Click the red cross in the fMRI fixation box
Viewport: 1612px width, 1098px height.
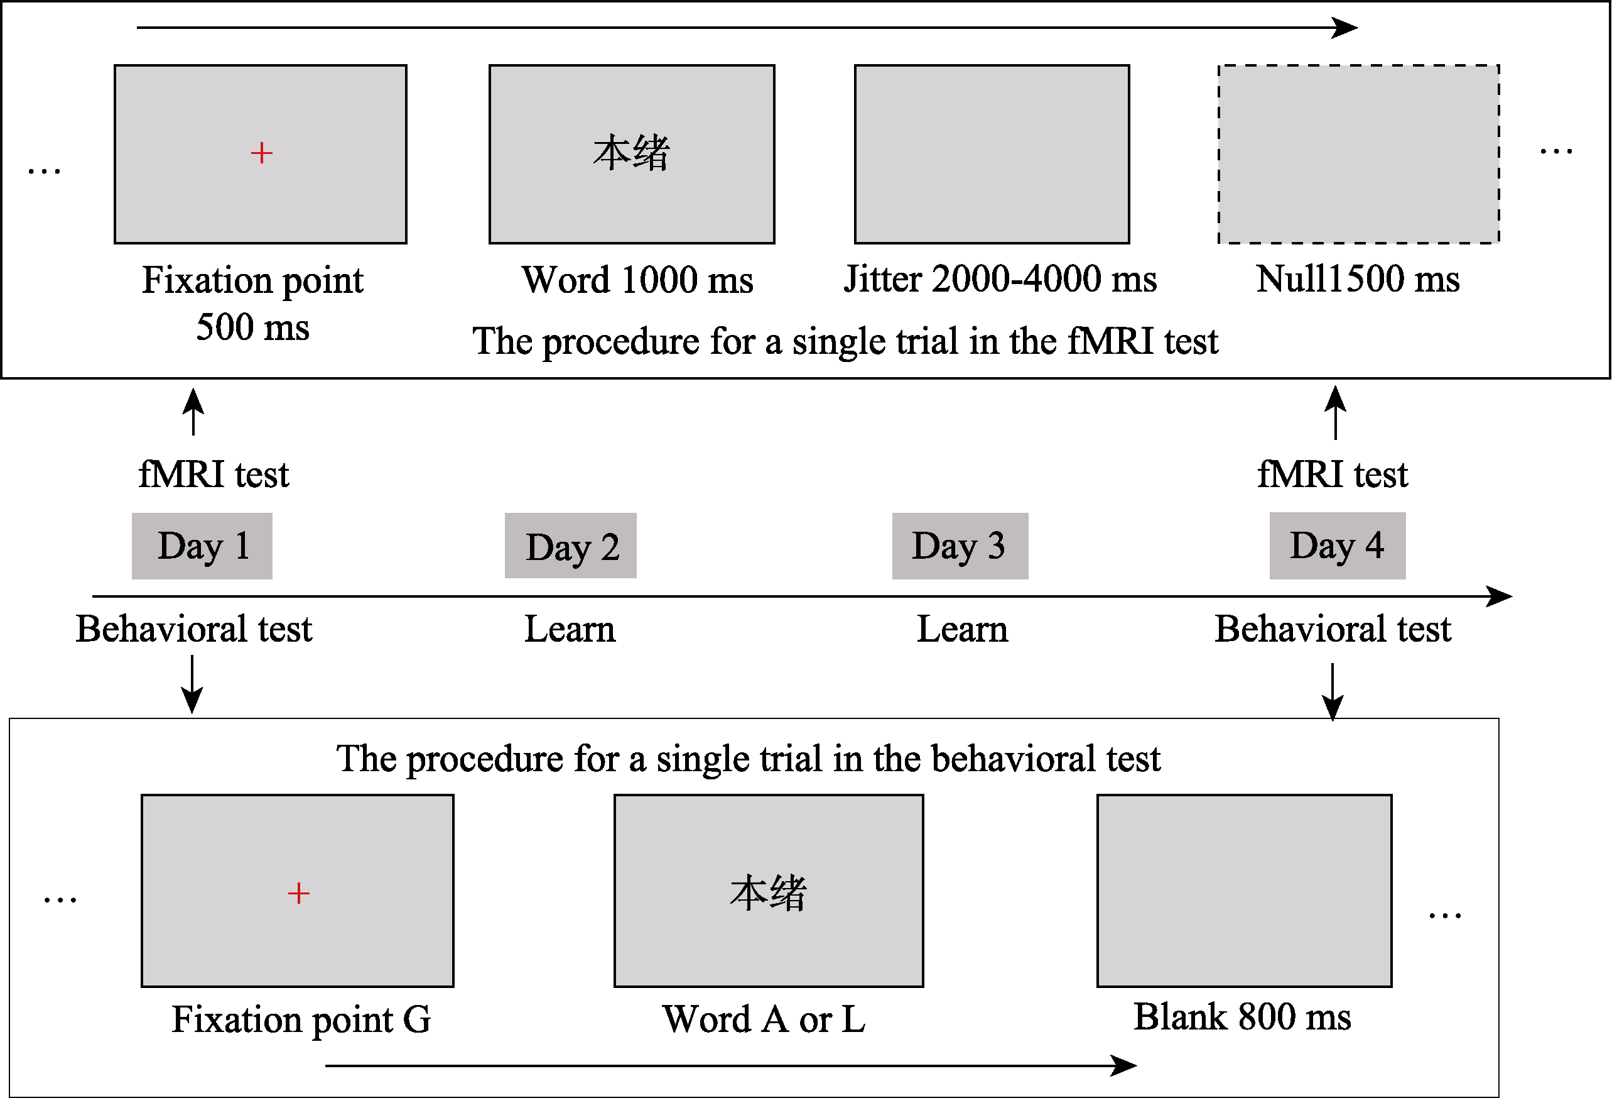click(x=261, y=153)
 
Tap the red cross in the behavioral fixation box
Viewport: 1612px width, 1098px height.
click(x=298, y=892)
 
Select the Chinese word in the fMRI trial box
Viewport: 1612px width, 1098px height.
click(x=631, y=153)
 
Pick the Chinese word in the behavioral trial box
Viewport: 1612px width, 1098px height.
click(x=768, y=892)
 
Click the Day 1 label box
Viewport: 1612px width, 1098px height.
click(x=202, y=546)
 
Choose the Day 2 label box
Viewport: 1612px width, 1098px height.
click(x=570, y=546)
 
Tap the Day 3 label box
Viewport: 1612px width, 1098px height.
click(x=960, y=546)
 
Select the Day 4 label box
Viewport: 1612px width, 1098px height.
click(x=1338, y=546)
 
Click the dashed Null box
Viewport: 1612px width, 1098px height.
click(x=1358, y=154)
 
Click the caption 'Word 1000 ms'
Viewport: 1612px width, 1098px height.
click(x=637, y=280)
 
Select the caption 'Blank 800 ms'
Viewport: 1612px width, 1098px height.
click(x=1242, y=1017)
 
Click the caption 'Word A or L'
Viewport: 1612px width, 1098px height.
click(x=764, y=1019)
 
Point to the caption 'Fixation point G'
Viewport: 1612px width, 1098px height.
click(x=301, y=1019)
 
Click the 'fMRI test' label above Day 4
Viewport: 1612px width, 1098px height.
click(x=1333, y=475)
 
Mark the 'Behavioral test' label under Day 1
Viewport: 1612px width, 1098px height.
click(x=193, y=629)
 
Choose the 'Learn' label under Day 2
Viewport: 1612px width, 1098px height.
click(x=570, y=629)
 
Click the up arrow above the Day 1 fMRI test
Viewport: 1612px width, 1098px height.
click(x=193, y=411)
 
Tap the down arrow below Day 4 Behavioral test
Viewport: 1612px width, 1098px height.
click(x=1333, y=692)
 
